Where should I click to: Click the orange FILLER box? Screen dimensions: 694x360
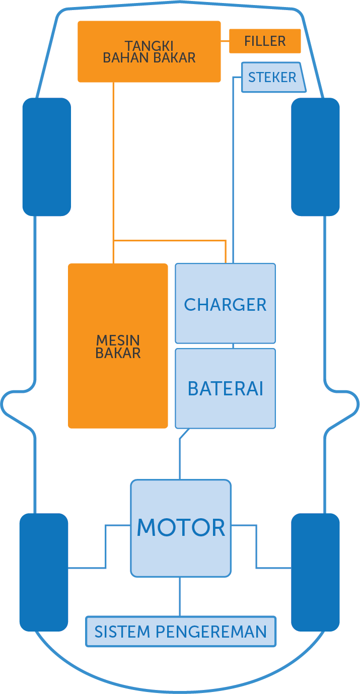(265, 41)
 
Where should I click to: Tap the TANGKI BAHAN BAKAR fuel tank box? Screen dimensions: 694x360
(149, 51)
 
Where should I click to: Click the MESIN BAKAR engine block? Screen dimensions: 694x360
(118, 346)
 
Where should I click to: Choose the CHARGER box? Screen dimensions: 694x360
(225, 304)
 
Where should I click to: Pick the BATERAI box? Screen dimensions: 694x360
(225, 388)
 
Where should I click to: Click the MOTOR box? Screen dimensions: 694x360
(181, 527)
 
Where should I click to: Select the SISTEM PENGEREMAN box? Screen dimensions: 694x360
(181, 631)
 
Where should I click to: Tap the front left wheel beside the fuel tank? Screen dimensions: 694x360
(46, 157)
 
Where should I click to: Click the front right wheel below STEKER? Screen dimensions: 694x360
(315, 157)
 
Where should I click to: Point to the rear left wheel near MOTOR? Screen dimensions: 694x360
(43, 572)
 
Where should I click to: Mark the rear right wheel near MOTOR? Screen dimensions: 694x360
(315, 572)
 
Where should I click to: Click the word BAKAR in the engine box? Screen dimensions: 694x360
(118, 353)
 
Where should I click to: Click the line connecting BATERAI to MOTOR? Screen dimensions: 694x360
(180, 458)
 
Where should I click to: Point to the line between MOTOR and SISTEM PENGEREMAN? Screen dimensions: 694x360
(180, 596)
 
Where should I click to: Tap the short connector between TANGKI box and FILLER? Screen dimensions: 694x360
(225, 41)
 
